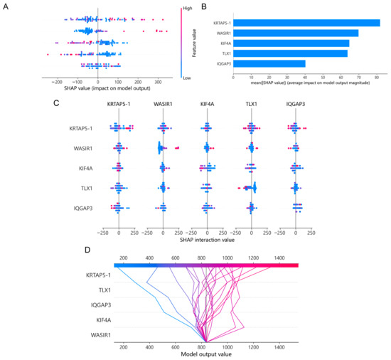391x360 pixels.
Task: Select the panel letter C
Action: click(x=55, y=103)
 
